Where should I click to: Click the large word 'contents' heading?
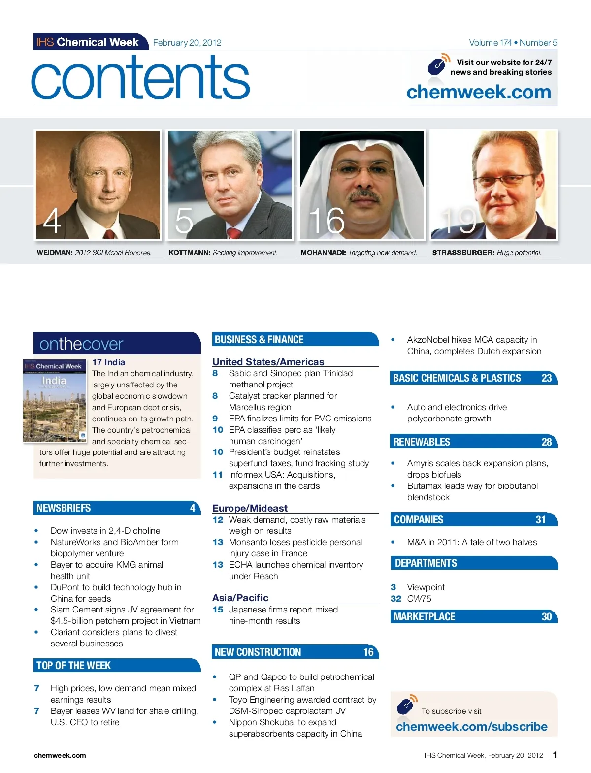[141, 78]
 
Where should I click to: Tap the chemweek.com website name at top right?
[479, 92]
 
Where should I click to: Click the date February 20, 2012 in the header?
[187, 43]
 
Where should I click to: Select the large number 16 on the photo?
[327, 220]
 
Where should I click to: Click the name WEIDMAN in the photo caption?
[55, 253]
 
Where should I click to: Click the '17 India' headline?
[108, 362]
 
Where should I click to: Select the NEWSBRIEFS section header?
[64, 508]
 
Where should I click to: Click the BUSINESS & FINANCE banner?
[259, 340]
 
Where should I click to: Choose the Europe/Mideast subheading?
[250, 508]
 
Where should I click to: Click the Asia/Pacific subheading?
[240, 598]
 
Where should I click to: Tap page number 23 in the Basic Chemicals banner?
[546, 378]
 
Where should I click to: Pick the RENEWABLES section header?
[422, 442]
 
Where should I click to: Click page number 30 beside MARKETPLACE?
[546, 617]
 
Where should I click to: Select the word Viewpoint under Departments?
[426, 587]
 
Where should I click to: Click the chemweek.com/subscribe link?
[471, 727]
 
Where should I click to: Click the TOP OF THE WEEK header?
[73, 666]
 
